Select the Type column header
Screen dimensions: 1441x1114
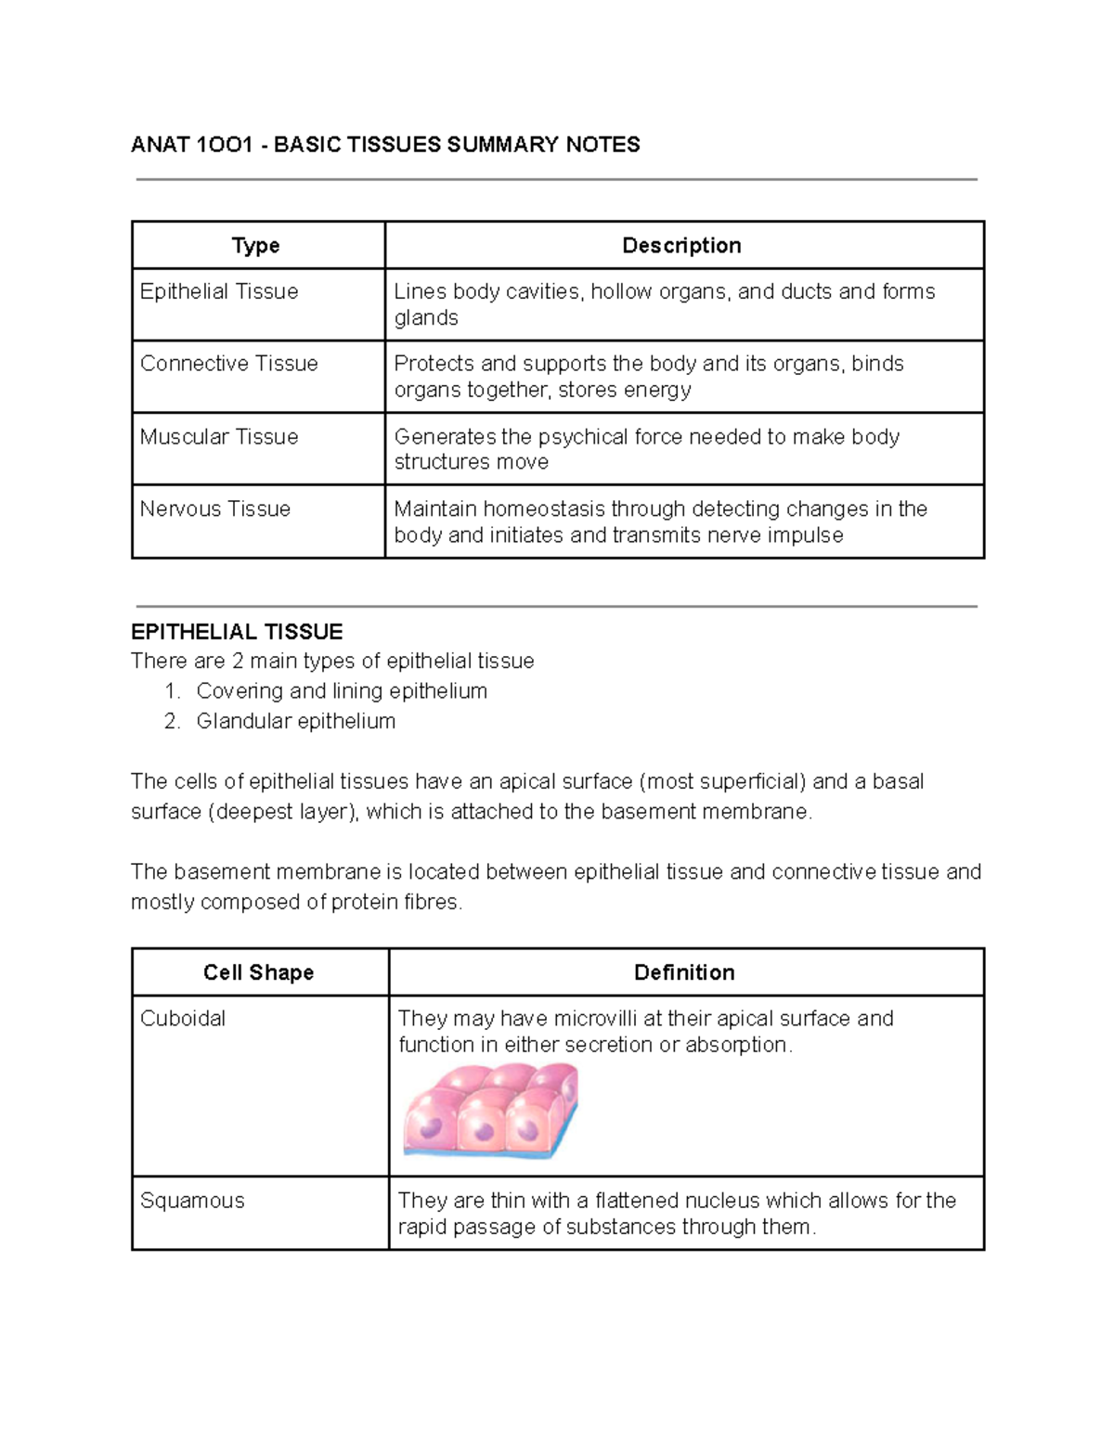pos(255,246)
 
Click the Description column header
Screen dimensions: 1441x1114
pos(681,246)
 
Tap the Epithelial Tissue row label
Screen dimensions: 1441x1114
pos(219,291)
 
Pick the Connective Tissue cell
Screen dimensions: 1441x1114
pos(228,364)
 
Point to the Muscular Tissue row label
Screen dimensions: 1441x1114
pos(219,437)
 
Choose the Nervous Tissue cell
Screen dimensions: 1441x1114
pos(215,509)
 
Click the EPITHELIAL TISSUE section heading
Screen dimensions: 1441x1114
pos(237,633)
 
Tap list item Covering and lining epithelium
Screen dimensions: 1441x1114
pos(342,691)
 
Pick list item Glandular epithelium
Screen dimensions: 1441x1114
pos(295,721)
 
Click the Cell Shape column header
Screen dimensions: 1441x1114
pos(258,972)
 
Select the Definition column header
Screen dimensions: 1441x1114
pos(684,972)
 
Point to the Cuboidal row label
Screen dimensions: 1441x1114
pos(183,1019)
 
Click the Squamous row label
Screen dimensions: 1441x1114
pos(192,1201)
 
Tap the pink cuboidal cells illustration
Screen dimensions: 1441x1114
pos(491,1111)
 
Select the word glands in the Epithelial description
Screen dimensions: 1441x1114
pos(426,318)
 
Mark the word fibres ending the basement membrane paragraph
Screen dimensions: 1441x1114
pos(432,903)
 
